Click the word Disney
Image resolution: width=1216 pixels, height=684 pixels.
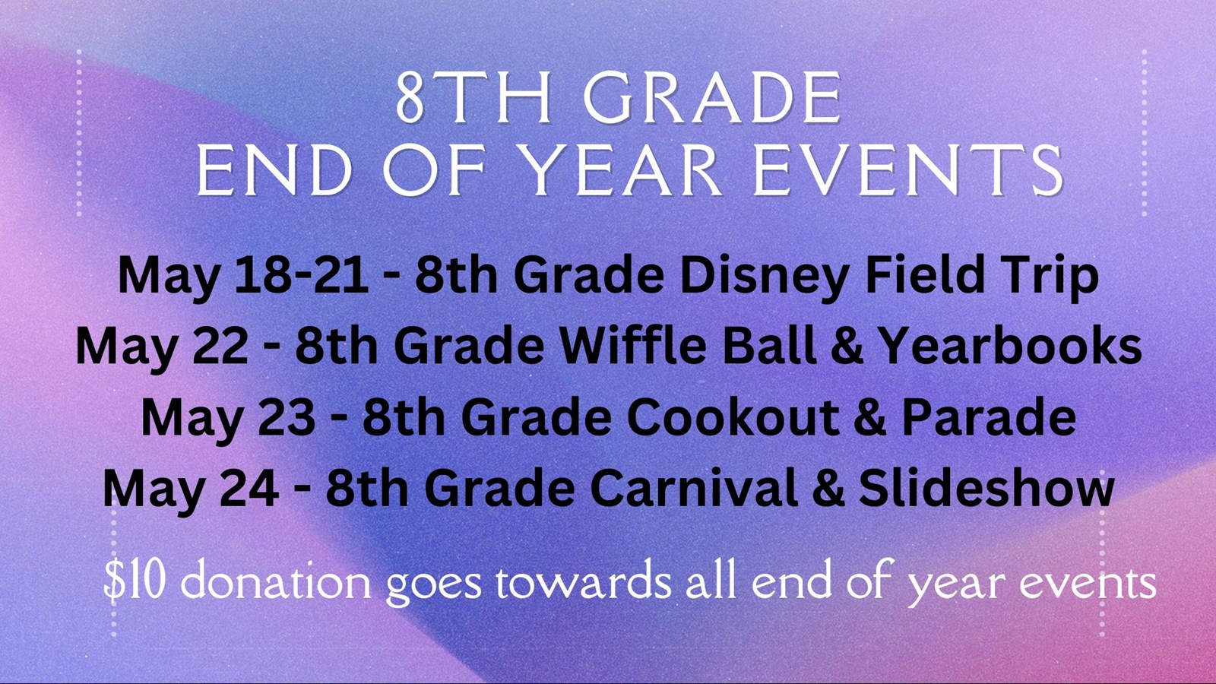764,276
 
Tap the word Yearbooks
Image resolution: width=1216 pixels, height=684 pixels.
1010,347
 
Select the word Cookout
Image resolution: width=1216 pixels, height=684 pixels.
733,417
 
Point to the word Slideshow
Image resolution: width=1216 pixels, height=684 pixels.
986,488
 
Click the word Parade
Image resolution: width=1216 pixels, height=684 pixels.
988,417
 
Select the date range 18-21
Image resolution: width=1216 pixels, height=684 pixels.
301,276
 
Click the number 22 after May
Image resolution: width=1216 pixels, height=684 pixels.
220,347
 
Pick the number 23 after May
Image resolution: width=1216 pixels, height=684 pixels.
287,417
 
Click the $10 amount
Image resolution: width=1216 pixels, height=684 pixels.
134,581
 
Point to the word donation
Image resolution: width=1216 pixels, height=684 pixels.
275,581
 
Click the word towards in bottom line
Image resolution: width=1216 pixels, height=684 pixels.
583,581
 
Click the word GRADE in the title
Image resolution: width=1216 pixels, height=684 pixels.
712,100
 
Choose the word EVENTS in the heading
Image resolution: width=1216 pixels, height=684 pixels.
907,172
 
